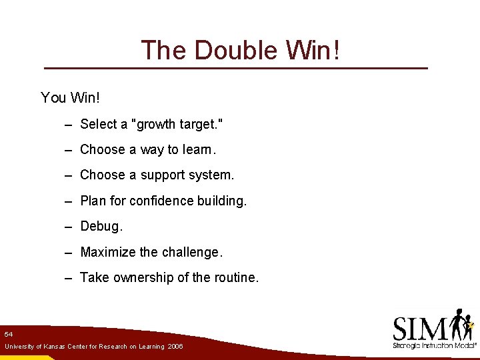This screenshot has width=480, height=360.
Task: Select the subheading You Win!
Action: pyautogui.click(x=70, y=98)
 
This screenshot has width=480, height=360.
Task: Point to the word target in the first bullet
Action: pyautogui.click(x=198, y=124)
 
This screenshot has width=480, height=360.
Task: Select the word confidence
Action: pyautogui.click(x=161, y=201)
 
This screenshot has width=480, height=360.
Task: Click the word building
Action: pyautogui.click(x=221, y=201)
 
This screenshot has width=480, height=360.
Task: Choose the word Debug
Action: pyautogui.click(x=101, y=226)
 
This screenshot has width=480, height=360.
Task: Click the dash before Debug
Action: pyautogui.click(x=69, y=227)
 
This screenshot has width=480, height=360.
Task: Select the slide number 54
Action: pyautogui.click(x=8, y=333)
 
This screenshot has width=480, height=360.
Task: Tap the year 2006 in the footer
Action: pyautogui.click(x=175, y=347)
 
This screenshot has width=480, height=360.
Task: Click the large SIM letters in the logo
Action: pyautogui.click(x=420, y=329)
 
